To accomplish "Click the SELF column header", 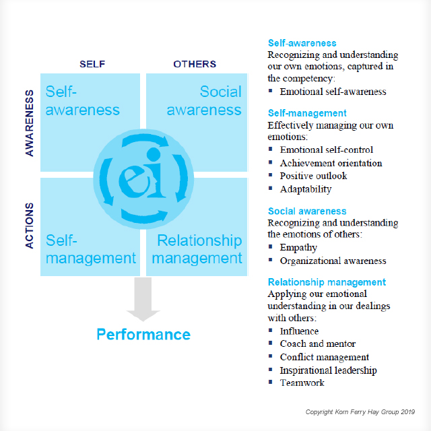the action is [92, 64].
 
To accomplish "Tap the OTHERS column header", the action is [195, 64].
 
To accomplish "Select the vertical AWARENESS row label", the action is [30, 123].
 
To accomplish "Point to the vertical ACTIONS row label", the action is [30, 226].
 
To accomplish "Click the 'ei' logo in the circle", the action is [143, 174].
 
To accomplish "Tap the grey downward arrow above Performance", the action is [143, 299].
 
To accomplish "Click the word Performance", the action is [143, 335].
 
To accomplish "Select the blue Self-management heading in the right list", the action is [307, 113].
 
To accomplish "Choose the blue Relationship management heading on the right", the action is [327, 282].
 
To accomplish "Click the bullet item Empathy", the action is [298, 247].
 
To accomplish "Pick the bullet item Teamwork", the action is [302, 383].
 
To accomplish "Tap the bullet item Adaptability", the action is [306, 189].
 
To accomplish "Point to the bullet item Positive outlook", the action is [313, 176].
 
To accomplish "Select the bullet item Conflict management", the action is [325, 357].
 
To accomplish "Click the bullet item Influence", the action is [299, 331].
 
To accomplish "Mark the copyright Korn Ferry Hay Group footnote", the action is [360, 411].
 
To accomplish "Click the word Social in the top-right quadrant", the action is [221, 92].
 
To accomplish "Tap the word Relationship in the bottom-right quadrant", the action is [199, 240].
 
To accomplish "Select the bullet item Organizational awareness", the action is [333, 261].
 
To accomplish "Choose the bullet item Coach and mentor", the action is [318, 344].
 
